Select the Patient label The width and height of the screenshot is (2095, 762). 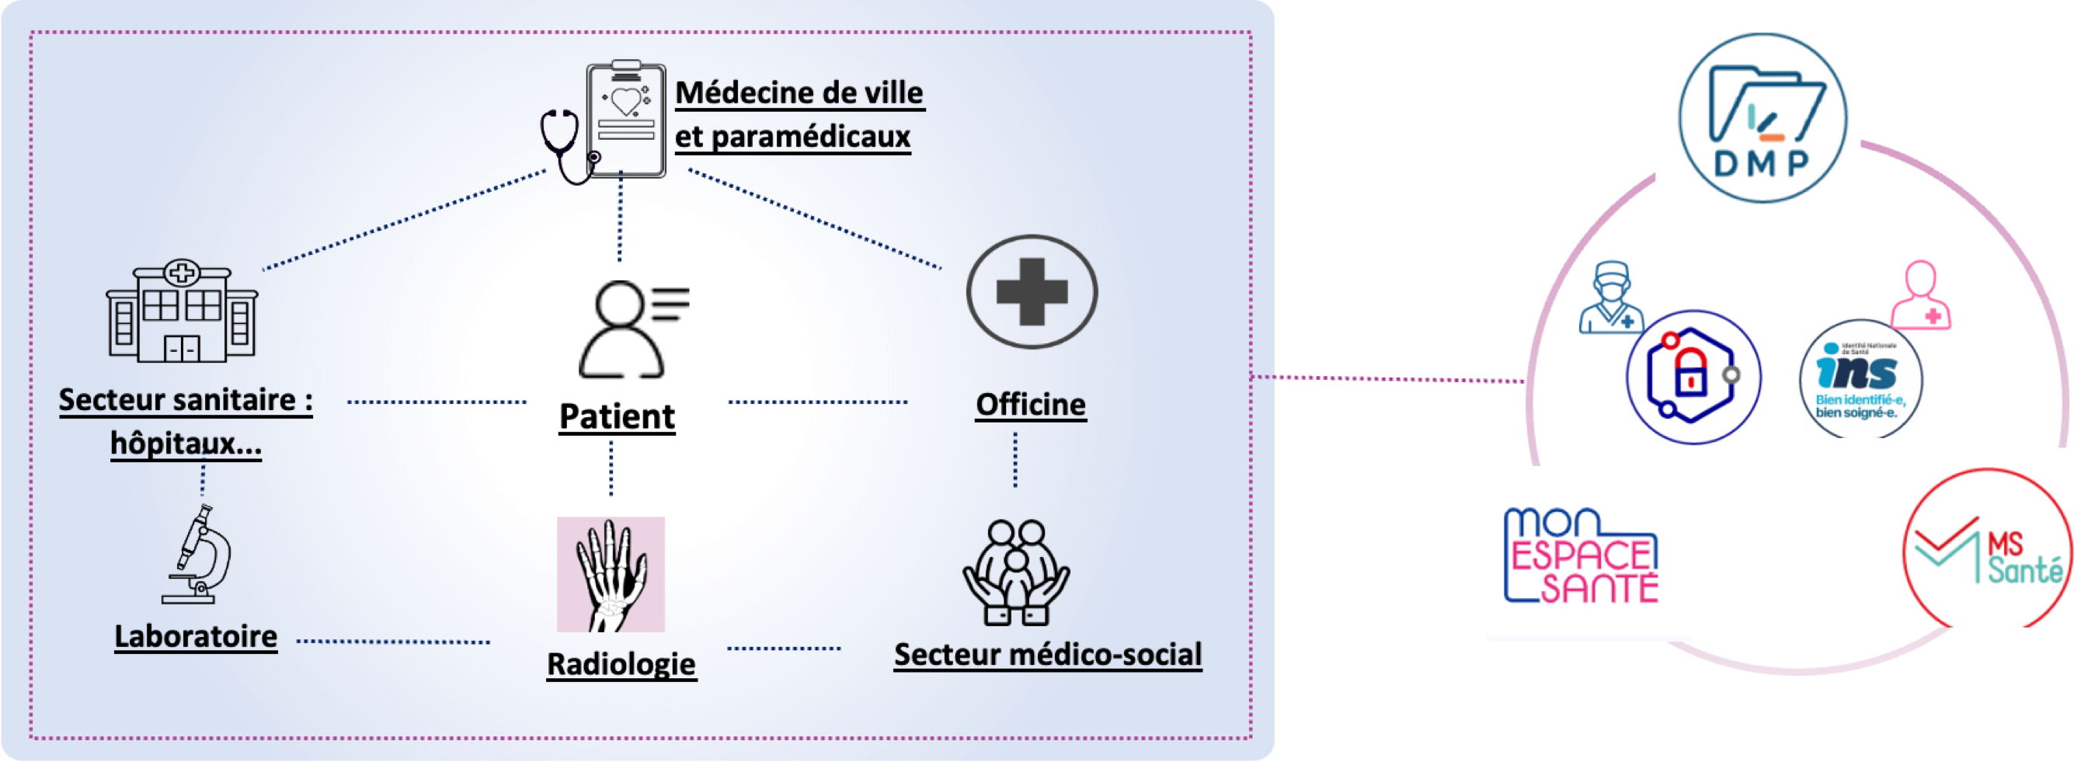(617, 416)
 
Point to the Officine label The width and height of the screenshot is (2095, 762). (1031, 404)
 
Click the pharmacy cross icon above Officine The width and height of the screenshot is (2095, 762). (1032, 291)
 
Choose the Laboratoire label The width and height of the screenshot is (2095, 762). (195, 636)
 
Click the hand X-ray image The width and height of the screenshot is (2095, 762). (611, 574)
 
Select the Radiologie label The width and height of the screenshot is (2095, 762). (621, 663)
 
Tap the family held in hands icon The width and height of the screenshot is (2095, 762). (1016, 572)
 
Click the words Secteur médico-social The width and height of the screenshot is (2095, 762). (1047, 654)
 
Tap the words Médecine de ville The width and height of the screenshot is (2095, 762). (799, 92)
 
